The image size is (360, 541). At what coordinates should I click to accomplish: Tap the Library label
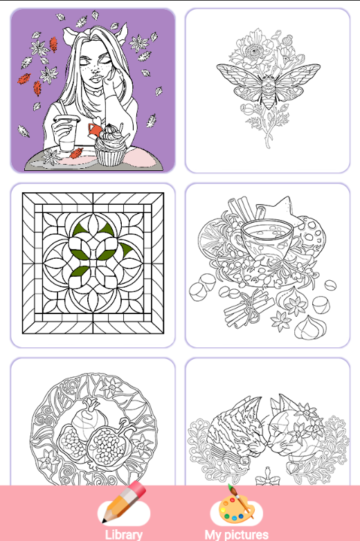(124, 534)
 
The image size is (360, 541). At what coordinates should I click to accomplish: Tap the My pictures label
(236, 534)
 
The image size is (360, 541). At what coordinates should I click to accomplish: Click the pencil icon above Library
(125, 504)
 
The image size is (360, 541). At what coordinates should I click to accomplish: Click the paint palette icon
(236, 504)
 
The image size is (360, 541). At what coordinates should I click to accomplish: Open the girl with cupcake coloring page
(93, 90)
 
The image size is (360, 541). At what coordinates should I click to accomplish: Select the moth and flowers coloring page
(267, 90)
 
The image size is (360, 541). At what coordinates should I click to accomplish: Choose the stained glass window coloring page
(93, 264)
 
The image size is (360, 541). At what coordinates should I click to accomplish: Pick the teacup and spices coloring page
(267, 264)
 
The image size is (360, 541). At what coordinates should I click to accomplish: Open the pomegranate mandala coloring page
(93, 429)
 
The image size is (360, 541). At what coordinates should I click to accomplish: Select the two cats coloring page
(267, 429)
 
